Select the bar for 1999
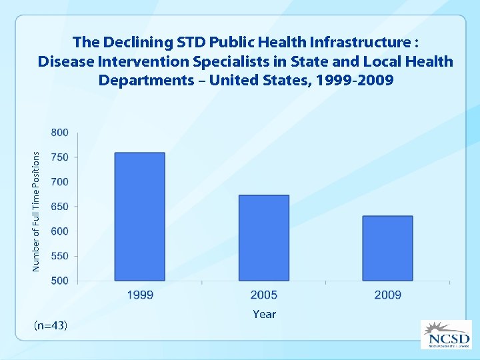(140, 217)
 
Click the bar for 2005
(264, 238)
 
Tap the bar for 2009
(387, 248)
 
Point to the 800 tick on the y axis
(59, 133)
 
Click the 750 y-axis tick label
(59, 157)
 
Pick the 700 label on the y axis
(59, 182)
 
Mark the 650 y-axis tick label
(59, 207)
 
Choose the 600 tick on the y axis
(59, 231)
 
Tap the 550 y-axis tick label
(59, 256)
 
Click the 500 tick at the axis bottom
(59, 281)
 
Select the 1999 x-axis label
(140, 295)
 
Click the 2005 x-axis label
(264, 295)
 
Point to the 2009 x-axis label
(387, 295)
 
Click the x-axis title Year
(264, 314)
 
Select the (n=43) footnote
(50, 325)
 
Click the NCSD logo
(445, 334)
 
